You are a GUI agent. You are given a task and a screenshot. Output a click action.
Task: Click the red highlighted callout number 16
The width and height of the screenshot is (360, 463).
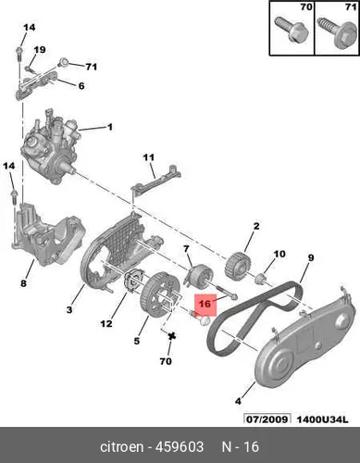205,304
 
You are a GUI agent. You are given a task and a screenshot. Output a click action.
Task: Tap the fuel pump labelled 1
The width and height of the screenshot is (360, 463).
50,145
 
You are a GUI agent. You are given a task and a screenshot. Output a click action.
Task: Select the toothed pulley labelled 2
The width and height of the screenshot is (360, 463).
238,265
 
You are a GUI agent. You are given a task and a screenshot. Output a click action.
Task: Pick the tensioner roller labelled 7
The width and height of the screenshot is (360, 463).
200,275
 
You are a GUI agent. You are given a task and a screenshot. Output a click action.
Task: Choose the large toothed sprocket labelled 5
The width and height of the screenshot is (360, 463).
159,294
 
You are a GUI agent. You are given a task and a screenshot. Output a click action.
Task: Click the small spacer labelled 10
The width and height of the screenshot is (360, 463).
261,279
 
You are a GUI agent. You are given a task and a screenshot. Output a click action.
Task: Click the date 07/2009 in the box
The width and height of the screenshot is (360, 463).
267,419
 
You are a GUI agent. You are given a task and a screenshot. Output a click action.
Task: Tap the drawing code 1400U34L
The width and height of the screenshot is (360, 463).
322,419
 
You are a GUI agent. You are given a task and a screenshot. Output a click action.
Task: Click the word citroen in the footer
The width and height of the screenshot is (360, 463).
122,446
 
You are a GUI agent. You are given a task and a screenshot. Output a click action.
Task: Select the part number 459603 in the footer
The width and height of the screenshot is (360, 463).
180,446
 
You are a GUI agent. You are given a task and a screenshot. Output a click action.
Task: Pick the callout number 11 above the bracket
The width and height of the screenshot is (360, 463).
148,157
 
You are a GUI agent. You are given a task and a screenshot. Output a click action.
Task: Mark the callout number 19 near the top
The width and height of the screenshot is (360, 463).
40,50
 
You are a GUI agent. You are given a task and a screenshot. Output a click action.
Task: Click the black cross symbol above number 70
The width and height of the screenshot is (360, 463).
172,336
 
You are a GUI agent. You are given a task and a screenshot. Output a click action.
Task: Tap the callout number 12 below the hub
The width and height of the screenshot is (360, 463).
106,324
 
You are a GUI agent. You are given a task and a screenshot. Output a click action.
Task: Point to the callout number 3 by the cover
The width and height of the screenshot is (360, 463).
69,309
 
